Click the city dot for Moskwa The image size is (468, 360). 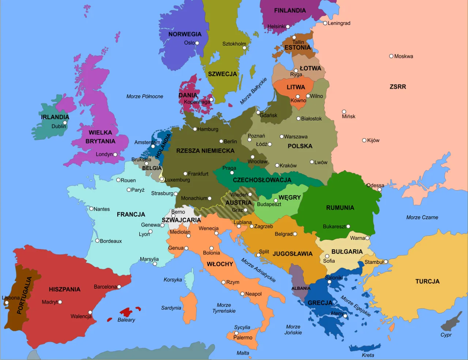click(x=391, y=56)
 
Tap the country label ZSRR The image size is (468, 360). click(x=398, y=87)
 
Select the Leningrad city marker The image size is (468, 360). click(x=325, y=23)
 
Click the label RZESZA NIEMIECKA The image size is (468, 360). click(x=205, y=151)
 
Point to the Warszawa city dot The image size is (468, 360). click(x=282, y=136)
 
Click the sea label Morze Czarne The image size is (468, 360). click(x=422, y=217)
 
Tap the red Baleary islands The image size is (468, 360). click(x=127, y=312)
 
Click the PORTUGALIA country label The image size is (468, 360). click(x=24, y=295)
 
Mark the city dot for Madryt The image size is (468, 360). click(x=60, y=302)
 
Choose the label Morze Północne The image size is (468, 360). click(x=145, y=96)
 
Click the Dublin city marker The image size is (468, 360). click(x=65, y=123)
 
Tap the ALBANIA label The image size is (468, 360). click(x=301, y=288)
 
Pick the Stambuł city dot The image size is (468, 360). click(x=386, y=262)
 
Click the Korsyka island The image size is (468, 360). click(x=189, y=279)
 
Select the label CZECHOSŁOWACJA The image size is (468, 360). click(x=262, y=180)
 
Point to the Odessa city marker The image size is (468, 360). click(x=380, y=190)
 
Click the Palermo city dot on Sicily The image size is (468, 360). click(x=237, y=333)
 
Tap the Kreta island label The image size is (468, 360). click(x=368, y=355)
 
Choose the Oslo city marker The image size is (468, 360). click(x=197, y=43)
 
